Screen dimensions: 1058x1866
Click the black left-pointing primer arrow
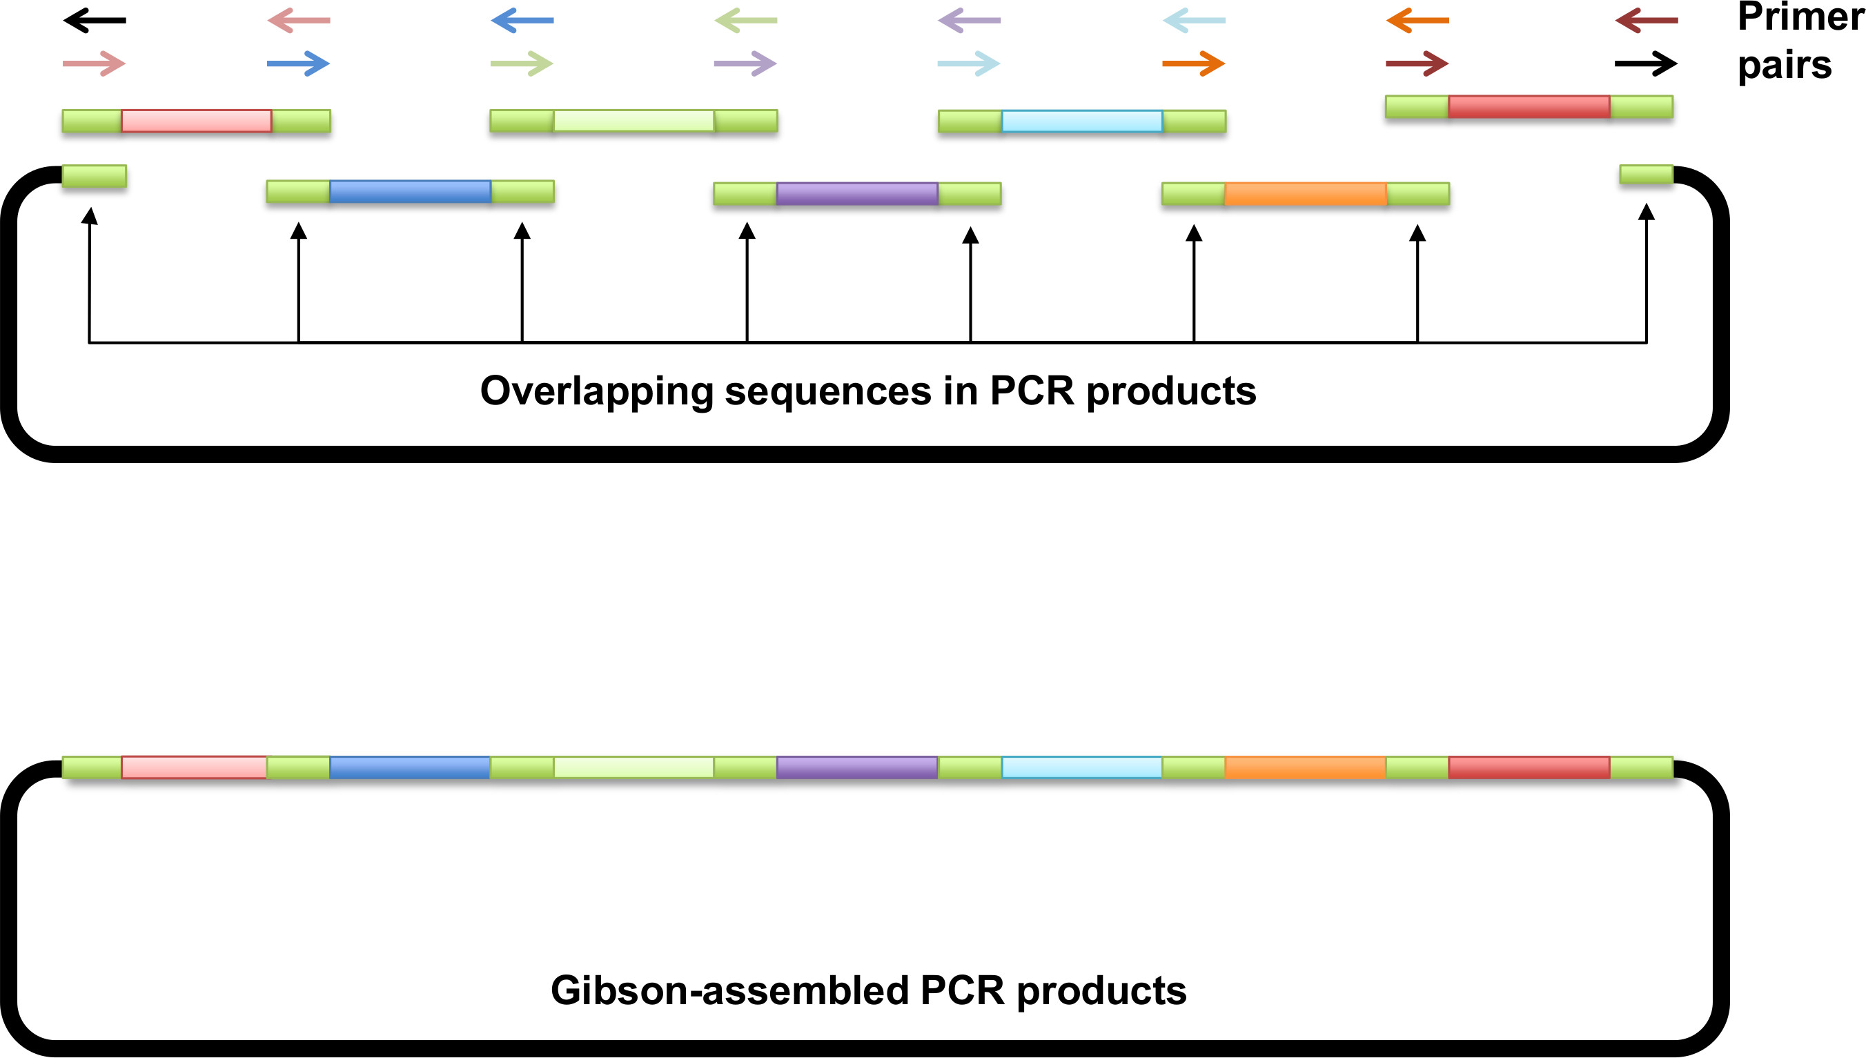[95, 20]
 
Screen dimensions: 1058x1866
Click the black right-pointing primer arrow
[1645, 64]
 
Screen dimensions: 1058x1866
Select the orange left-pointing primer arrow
[1417, 20]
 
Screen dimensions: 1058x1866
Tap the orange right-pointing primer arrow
[1193, 64]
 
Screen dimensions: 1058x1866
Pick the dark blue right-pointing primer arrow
[299, 64]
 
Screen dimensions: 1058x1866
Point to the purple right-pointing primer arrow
[745, 64]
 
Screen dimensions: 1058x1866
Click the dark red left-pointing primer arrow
[1646, 20]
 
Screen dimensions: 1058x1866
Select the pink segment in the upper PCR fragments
[196, 121]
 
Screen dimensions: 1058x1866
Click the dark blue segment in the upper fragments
[410, 191]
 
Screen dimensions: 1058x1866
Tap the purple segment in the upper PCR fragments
[857, 193]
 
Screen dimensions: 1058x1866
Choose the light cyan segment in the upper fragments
[1081, 121]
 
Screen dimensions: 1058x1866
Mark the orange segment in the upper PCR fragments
[1305, 193]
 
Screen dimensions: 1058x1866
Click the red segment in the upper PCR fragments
[1529, 107]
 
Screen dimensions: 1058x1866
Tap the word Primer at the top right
[1800, 17]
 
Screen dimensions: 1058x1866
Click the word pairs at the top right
[1784, 66]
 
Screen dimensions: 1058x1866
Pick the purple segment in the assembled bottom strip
[857, 767]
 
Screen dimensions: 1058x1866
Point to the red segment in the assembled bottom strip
[1529, 767]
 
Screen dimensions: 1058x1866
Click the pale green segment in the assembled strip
[634, 767]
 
